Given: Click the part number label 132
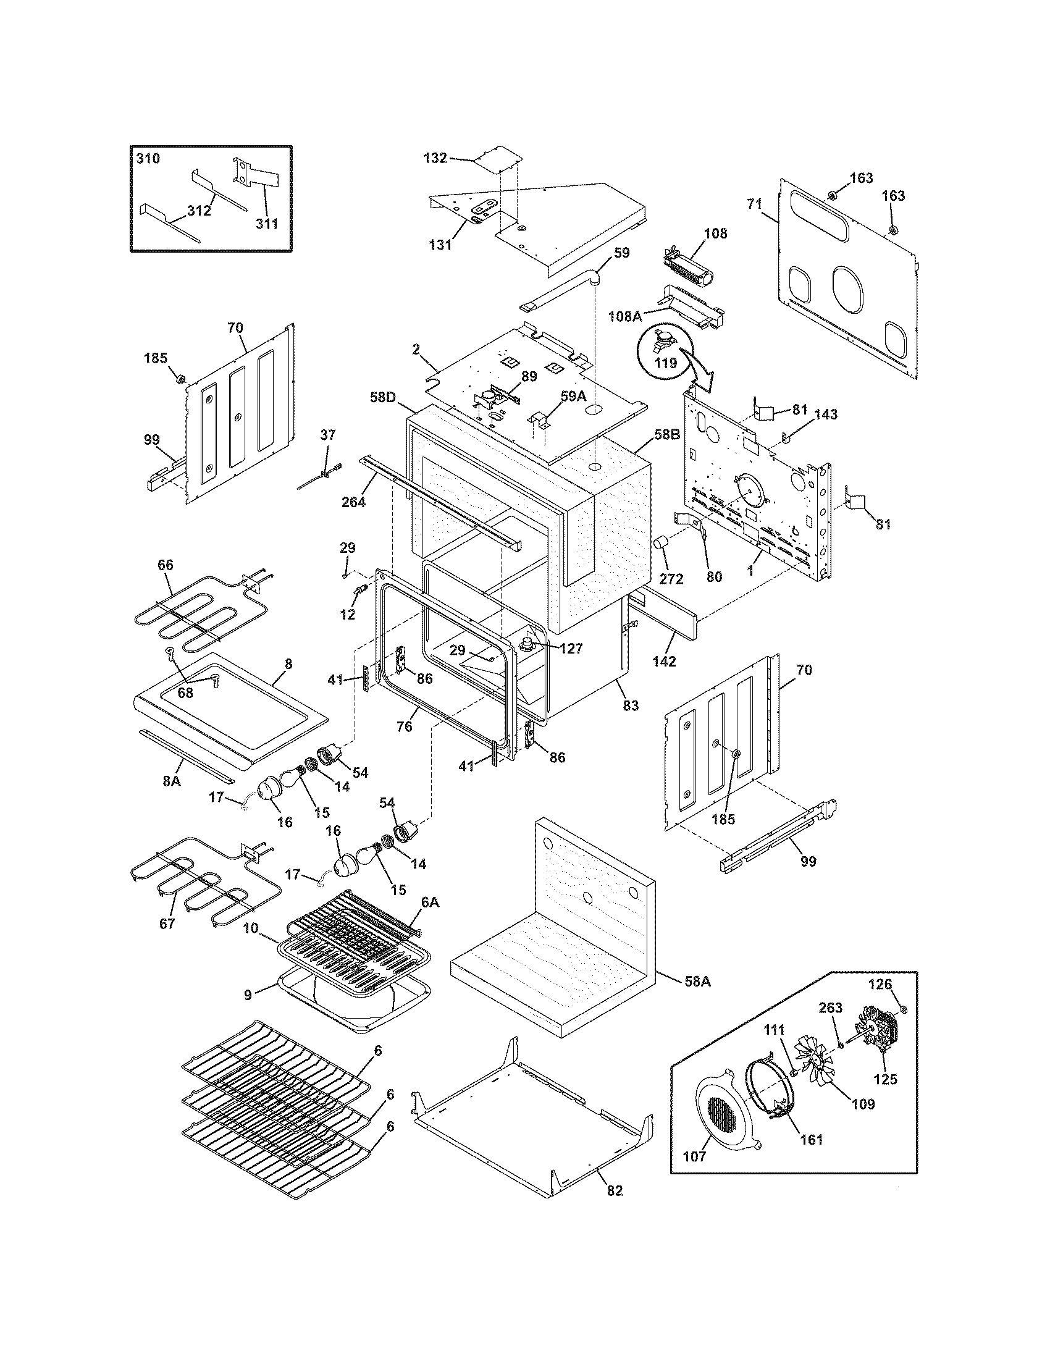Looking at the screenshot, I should coord(435,158).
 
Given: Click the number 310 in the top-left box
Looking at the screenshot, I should coord(148,158).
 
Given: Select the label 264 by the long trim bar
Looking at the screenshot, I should coord(353,502).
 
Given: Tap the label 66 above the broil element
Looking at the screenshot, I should coord(166,565).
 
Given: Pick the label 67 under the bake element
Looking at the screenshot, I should coord(167,941).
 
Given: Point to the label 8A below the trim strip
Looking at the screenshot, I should coord(172,780).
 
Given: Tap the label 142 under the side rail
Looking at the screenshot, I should coord(664,662).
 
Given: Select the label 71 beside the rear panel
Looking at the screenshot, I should coord(754,203).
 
